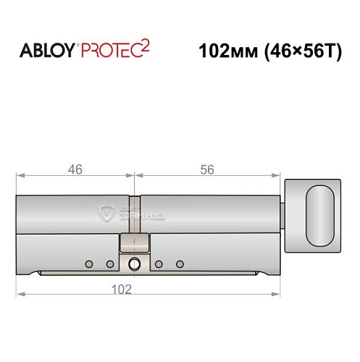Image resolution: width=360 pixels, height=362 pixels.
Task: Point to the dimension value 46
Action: [75, 169]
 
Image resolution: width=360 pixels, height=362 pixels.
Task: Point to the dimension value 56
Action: [207, 169]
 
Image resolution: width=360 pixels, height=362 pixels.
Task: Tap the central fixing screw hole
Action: [134, 263]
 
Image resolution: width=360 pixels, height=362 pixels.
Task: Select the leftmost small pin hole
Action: [88, 263]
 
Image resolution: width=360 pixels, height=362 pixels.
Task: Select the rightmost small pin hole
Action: [180, 263]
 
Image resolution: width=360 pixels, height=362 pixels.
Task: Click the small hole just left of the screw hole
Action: [109, 263]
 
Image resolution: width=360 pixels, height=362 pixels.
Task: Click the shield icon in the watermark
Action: [106, 212]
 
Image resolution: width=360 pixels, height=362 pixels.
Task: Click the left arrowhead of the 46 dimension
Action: [21, 175]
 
